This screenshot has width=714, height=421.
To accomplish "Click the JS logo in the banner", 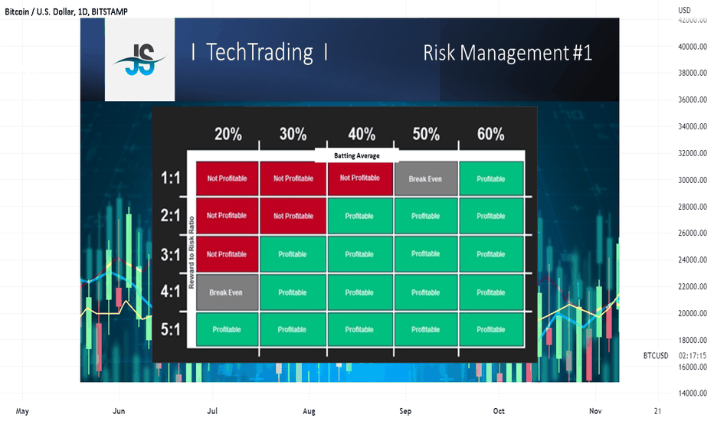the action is coord(139,59).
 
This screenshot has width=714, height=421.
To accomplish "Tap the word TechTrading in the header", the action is coord(260,52).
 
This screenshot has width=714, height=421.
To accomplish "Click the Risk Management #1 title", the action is coord(507,53).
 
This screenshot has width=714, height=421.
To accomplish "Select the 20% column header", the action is coord(228,134).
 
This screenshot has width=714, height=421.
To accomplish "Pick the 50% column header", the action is coord(426,134).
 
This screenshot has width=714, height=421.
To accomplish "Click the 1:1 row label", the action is coord(170,178).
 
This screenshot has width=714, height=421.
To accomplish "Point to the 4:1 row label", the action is coord(170,292).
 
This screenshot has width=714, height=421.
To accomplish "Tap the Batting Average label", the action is coord(356,155).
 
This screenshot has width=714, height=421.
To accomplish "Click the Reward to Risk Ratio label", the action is coord(192,252).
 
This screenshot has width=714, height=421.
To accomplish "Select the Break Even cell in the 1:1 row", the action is coord(426,179).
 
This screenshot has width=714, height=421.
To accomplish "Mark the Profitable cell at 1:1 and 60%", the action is coord(491,179).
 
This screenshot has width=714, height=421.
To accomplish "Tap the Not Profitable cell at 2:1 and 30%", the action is coord(293,216).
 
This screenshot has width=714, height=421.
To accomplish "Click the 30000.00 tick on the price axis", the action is coord(693,180).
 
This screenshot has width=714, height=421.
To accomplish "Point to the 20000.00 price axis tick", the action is coord(693,313).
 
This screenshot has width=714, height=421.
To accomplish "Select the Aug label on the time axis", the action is coord(309,411).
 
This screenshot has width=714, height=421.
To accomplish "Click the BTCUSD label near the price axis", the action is coord(656,355).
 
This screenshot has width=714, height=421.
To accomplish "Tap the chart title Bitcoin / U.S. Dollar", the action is coord(39,11).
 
